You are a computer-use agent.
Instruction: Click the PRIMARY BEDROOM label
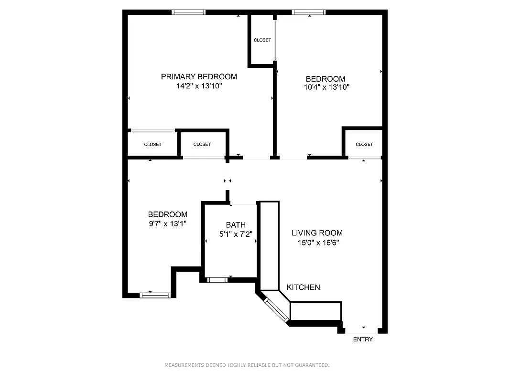[198, 76]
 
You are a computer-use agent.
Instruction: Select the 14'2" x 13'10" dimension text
[198, 86]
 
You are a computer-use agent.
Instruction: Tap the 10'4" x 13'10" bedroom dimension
[327, 87]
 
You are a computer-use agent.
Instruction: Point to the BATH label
[236, 225]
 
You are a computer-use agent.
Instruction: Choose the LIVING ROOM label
[317, 233]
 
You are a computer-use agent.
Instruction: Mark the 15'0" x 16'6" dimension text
[317, 243]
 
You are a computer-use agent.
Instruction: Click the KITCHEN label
[303, 287]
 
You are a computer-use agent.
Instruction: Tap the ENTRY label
[363, 340]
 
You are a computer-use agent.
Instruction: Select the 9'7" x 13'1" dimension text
[167, 223]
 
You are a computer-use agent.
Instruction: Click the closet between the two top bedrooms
[262, 40]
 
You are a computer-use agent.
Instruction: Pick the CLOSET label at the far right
[364, 144]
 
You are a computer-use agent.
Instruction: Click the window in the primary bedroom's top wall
[189, 12]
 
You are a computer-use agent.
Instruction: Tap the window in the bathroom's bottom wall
[217, 280]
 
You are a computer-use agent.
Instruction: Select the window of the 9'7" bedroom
[155, 295]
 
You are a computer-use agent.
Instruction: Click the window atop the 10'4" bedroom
[309, 12]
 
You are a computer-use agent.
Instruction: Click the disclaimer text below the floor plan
[247, 365]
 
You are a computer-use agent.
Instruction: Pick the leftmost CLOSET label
[152, 144]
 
